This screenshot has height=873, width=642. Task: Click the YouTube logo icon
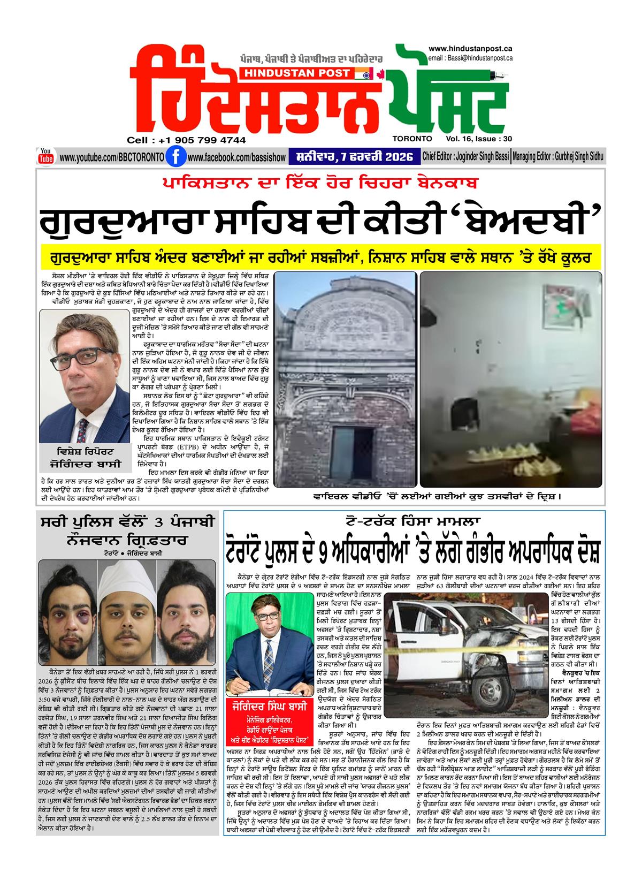[x=45, y=156]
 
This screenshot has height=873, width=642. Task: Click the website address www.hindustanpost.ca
[x=471, y=49]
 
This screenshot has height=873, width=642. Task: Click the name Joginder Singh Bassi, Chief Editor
[x=485, y=157]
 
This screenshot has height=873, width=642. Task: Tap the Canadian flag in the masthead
[x=381, y=73]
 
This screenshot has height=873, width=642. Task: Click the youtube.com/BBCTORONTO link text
[x=111, y=157]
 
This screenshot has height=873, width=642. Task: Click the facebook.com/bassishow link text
[x=233, y=157]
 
